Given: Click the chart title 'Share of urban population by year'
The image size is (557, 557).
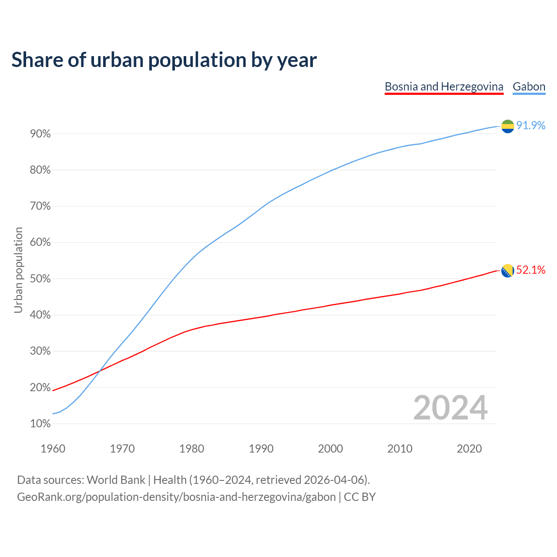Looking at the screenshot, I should click(x=164, y=60).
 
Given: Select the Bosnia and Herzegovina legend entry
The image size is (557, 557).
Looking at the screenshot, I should click(x=444, y=87).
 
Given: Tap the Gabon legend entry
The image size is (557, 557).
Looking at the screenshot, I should click(x=529, y=87).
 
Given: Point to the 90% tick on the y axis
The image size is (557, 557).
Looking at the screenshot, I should click(x=40, y=134).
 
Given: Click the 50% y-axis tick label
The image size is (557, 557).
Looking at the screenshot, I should click(x=40, y=279).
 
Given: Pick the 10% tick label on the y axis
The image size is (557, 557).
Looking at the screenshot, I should click(x=40, y=424).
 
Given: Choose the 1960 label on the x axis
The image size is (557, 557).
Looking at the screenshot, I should click(x=53, y=449).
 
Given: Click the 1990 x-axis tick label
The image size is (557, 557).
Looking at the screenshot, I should click(x=261, y=449).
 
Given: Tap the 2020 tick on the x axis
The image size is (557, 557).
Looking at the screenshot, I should click(x=469, y=449).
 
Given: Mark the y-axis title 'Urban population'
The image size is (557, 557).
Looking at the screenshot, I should click(x=18, y=270).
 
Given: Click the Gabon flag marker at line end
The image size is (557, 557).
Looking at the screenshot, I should click(x=507, y=126).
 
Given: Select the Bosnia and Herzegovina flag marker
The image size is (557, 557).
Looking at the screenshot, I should click(x=507, y=271).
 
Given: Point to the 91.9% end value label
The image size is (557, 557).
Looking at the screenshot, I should click(x=531, y=126).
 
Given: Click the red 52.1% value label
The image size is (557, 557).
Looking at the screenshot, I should click(x=531, y=270).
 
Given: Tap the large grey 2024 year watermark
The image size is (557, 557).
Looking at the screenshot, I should click(x=450, y=408).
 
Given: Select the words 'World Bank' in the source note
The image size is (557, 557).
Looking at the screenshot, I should click(x=116, y=480).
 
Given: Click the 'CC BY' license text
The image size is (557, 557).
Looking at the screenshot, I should click(x=360, y=497).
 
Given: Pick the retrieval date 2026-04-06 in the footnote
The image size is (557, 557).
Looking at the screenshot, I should click(x=333, y=480).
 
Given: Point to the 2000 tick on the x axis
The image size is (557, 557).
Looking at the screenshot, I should click(x=330, y=449).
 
